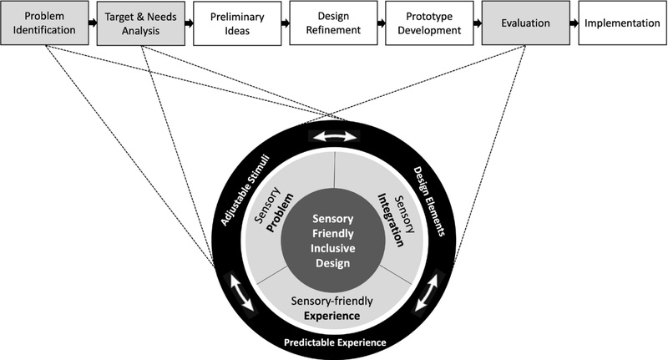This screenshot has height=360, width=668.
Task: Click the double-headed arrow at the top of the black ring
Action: tap(333, 136)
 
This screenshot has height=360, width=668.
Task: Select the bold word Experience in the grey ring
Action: tap(332, 316)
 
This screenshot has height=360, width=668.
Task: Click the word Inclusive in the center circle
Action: tap(333, 251)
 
